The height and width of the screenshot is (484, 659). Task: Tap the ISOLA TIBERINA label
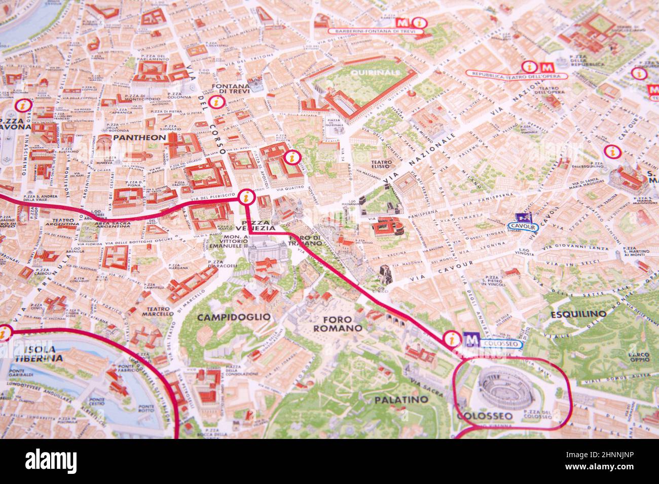39,353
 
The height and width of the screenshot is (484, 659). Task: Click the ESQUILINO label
578,314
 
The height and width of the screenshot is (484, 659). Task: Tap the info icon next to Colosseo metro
451,338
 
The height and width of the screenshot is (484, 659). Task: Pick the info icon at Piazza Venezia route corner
246,196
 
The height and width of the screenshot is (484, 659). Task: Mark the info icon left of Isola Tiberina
5,333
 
